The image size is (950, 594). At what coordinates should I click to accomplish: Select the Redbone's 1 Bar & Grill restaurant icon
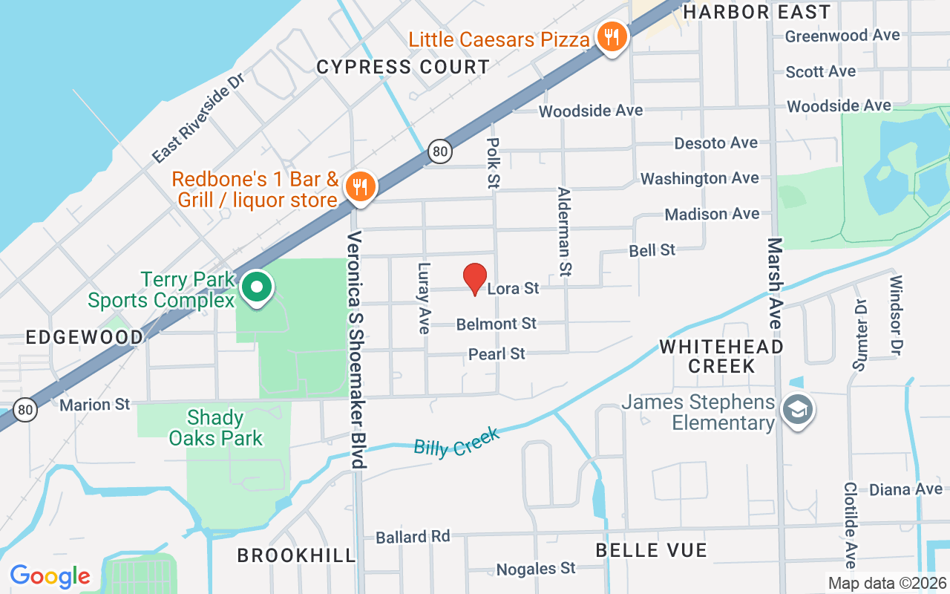[360, 186]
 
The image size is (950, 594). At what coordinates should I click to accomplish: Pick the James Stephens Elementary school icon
[797, 410]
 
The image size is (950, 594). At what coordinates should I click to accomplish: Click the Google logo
[50, 576]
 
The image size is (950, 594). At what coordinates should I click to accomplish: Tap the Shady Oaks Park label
[215, 428]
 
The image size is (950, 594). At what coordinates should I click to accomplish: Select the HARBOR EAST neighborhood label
[756, 12]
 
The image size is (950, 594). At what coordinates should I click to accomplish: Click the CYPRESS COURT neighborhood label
[403, 67]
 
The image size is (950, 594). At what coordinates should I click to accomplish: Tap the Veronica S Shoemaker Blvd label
[357, 349]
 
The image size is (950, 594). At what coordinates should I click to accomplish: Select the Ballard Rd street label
[413, 536]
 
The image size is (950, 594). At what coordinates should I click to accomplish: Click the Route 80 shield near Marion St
[25, 408]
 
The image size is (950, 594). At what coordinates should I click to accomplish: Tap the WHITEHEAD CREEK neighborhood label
[721, 356]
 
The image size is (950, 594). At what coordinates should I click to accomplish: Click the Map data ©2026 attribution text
[887, 583]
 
